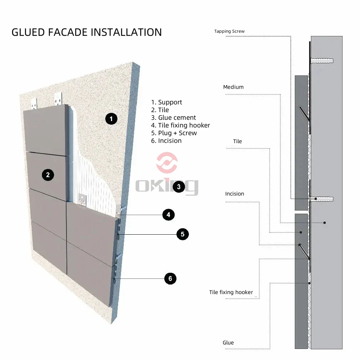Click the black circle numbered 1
point(111,119)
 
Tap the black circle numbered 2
point(48,174)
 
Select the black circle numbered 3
point(179,186)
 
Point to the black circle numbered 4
point(168,214)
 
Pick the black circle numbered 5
point(182,234)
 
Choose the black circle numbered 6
point(170,278)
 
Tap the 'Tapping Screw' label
point(229,31)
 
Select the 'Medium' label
point(233,87)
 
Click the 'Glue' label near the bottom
point(228,343)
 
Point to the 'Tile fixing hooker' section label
point(231,292)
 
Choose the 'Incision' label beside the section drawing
point(234,194)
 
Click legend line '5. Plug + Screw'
point(174,133)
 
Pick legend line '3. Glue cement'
point(174,118)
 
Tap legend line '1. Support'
point(166,102)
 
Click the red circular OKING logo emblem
point(167,163)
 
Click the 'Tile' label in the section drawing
point(237,141)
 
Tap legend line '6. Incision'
point(166,141)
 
